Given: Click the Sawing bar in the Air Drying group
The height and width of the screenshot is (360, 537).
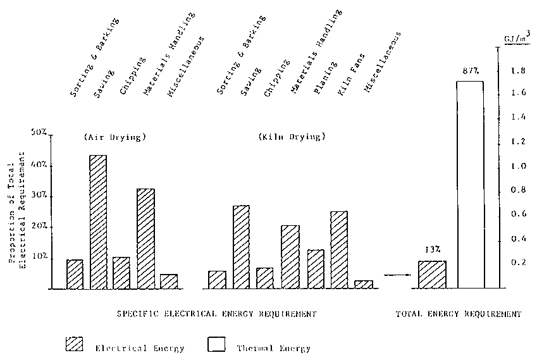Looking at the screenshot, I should click(x=98, y=221).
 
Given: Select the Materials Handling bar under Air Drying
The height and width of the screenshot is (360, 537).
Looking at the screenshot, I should click(x=146, y=239).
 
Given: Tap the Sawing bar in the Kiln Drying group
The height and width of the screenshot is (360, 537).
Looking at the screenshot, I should click(x=241, y=247).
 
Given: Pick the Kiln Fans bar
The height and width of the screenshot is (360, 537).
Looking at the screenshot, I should click(x=338, y=250).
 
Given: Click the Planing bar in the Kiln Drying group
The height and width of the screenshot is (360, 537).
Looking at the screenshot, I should click(x=315, y=269).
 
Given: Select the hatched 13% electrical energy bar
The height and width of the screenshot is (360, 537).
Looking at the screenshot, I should click(x=432, y=275).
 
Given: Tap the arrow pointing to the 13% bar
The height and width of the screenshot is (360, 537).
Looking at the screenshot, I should click(x=396, y=275).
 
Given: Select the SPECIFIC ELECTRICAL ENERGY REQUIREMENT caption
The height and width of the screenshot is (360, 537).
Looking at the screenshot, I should click(x=216, y=314).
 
